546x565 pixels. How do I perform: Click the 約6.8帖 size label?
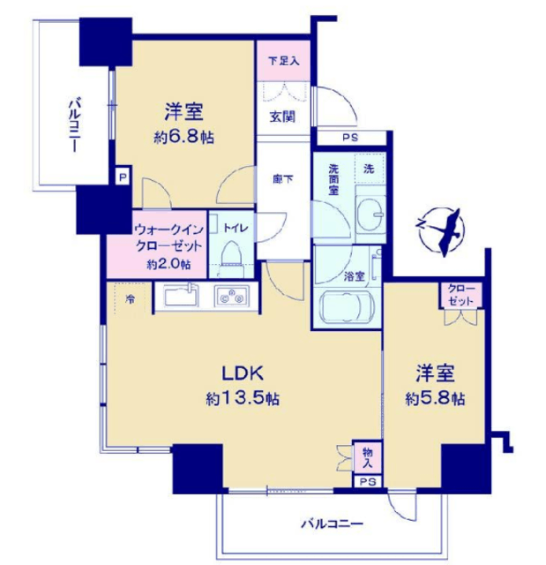(184, 138)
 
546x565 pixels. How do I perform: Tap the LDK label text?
(243, 373)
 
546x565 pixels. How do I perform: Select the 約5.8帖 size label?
(435, 399)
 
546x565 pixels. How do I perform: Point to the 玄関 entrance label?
(282, 117)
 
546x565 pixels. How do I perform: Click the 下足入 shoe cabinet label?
(284, 61)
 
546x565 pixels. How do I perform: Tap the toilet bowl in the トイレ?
(230, 252)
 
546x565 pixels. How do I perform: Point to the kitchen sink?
(182, 297)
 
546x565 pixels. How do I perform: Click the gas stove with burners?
(232, 297)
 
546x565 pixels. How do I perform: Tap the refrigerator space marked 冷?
(130, 298)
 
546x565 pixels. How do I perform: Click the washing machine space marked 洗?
(370, 169)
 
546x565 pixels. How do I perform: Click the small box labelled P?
(123, 177)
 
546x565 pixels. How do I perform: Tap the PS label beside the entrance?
(350, 138)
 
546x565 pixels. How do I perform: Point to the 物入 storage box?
(367, 457)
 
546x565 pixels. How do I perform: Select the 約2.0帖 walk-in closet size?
(168, 265)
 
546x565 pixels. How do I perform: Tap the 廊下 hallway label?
(282, 178)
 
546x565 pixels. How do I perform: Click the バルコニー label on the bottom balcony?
(332, 524)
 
